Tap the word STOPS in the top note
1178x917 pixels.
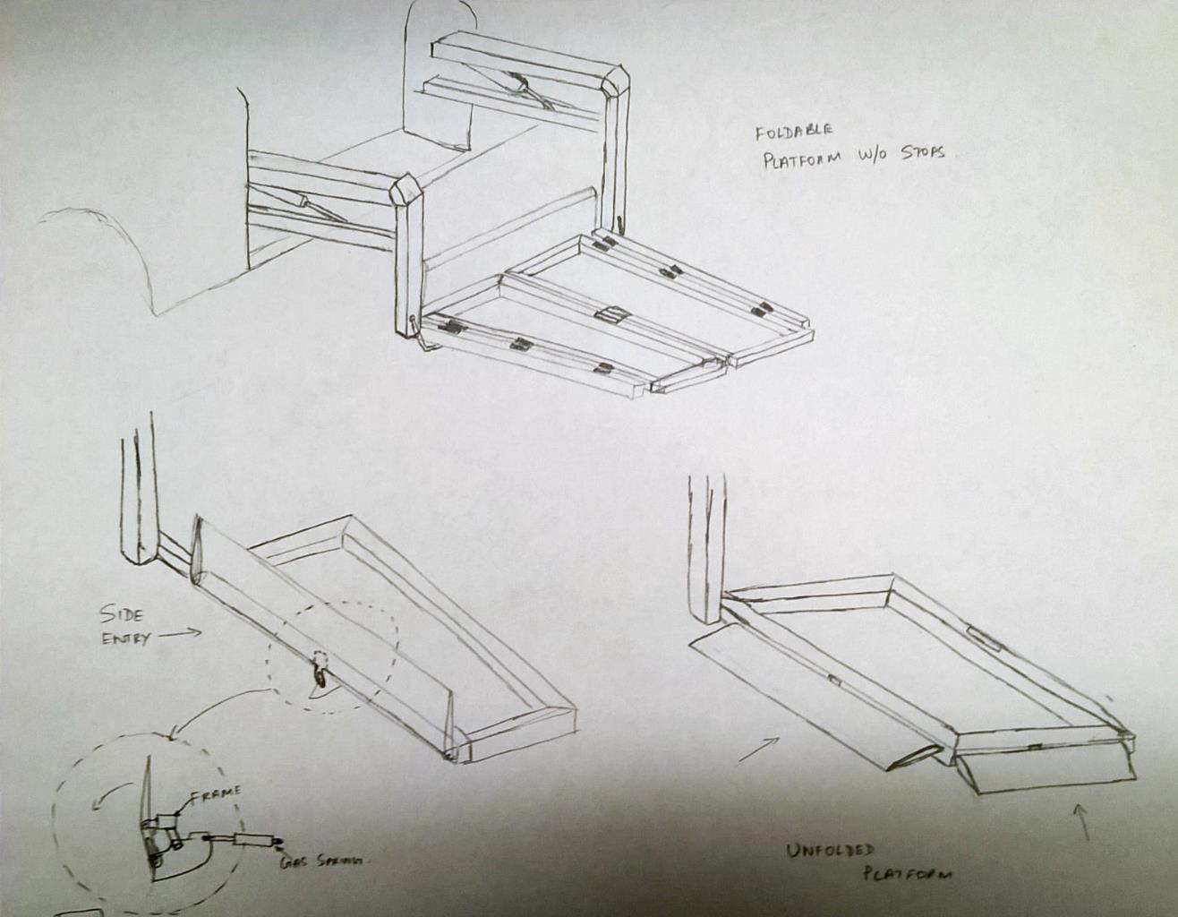pos(917,153)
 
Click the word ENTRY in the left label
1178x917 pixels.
pos(126,638)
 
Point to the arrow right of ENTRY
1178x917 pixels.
pos(182,633)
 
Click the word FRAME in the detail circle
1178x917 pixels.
pos(214,793)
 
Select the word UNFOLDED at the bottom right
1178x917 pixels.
pos(830,852)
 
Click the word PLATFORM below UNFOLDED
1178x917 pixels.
pos(906,873)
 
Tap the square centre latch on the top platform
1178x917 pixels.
pos(612,314)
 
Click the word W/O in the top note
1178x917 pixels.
pos(867,155)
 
